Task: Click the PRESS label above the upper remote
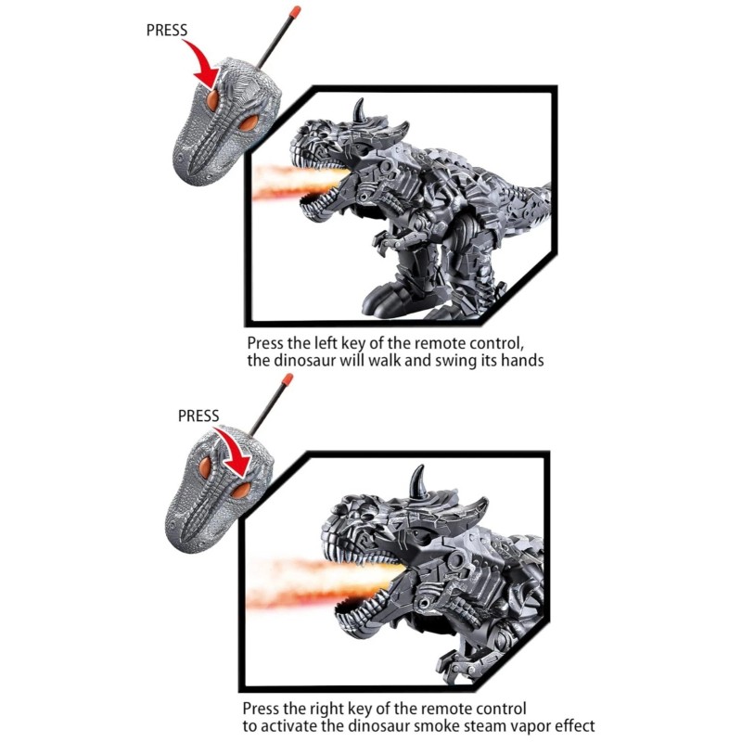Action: coord(167,30)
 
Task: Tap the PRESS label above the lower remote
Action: coord(198,416)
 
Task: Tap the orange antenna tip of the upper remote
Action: coord(294,13)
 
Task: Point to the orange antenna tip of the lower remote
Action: coord(288,379)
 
